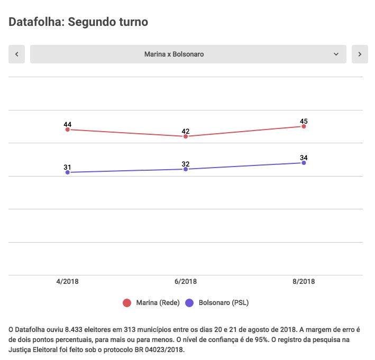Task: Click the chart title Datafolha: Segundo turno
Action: click(x=78, y=22)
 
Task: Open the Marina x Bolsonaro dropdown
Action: click(x=188, y=54)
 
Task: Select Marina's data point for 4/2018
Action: click(x=68, y=130)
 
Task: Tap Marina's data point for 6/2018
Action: click(x=186, y=136)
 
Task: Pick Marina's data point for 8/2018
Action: click(x=304, y=126)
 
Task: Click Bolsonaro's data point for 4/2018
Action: click(x=68, y=172)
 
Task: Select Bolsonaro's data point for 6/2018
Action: click(x=186, y=169)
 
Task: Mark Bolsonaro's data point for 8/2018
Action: click(x=304, y=163)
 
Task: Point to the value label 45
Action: click(x=304, y=121)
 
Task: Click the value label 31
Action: click(x=68, y=167)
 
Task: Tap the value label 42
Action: click(x=186, y=131)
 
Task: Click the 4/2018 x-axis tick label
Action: click(x=68, y=282)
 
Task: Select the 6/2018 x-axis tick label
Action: click(x=186, y=282)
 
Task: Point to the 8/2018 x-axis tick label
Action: click(x=304, y=282)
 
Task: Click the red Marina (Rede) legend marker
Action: click(x=127, y=303)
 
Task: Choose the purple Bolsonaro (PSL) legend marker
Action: click(x=190, y=303)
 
